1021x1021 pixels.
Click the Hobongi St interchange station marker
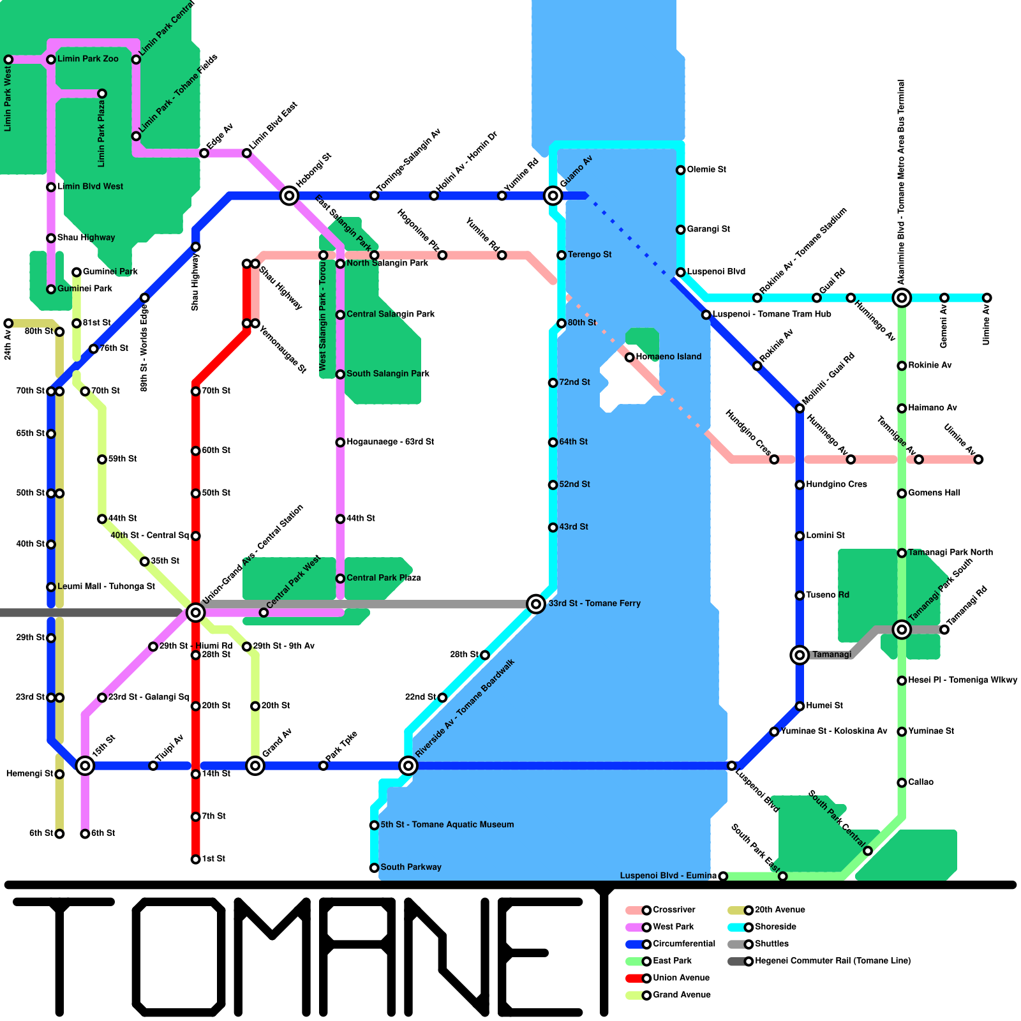[x=289, y=195]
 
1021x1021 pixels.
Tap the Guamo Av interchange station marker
[x=553, y=195]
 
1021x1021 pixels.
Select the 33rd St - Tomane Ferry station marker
[x=536, y=604]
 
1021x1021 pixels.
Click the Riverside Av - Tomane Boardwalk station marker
[x=408, y=765]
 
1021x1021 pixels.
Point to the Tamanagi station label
[x=831, y=655]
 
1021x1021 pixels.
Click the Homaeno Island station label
[x=668, y=357]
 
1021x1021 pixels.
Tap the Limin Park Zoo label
[x=87, y=59]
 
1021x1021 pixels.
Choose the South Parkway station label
[x=410, y=867]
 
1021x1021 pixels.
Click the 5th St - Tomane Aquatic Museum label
[x=447, y=824]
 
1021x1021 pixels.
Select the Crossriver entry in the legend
[x=673, y=910]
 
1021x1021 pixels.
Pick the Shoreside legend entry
[x=775, y=927]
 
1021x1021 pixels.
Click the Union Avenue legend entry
[x=680, y=978]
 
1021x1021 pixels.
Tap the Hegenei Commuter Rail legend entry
[x=832, y=961]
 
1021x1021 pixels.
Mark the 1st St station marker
[x=195, y=859]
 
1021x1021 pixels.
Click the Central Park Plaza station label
[x=383, y=578]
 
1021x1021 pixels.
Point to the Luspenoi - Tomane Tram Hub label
[x=771, y=314]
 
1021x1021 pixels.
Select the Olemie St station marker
[x=681, y=170]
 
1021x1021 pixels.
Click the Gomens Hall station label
[x=934, y=493]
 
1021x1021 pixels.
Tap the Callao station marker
[x=902, y=782]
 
